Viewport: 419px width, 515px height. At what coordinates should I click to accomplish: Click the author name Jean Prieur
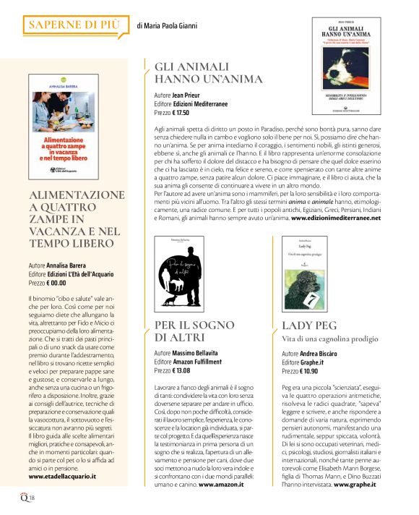tap(190, 95)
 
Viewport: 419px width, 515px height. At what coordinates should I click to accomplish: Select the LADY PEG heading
tap(309, 325)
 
